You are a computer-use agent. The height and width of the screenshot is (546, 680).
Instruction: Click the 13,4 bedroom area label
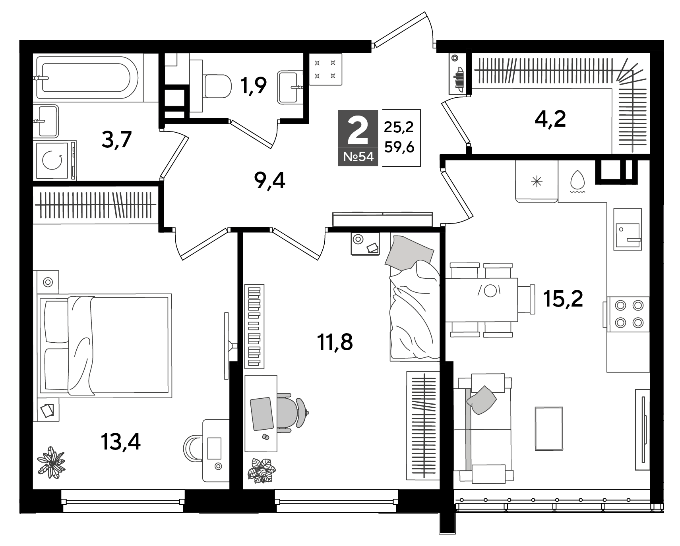(121, 442)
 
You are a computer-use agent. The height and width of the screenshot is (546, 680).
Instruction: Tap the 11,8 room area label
(335, 342)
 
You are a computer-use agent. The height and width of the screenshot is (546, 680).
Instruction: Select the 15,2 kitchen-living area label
(563, 299)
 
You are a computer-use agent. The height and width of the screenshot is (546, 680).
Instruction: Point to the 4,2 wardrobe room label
(550, 118)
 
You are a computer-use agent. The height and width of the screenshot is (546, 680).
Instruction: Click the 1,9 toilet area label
(253, 85)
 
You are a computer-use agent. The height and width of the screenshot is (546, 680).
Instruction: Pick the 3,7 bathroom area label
(116, 139)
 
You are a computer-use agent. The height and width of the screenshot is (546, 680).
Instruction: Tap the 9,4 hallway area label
(269, 181)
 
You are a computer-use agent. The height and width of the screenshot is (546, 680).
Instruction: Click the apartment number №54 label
(358, 156)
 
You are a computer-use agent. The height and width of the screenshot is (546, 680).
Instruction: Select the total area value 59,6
(399, 147)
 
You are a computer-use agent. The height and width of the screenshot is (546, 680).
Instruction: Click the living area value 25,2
(399, 127)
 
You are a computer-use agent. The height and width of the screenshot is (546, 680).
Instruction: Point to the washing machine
(55, 160)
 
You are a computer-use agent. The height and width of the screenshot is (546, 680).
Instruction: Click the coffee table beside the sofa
(549, 428)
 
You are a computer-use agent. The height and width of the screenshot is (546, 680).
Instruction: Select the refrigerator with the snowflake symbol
(537, 181)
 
